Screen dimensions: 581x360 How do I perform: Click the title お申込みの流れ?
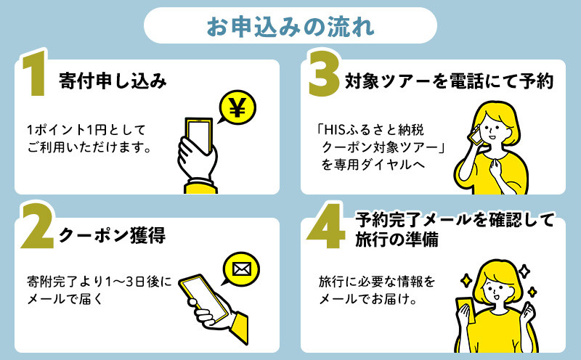pyautogui.click(x=290, y=26)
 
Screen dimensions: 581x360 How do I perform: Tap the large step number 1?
pyautogui.click(x=34, y=73)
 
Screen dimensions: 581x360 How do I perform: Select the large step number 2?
pyautogui.click(x=37, y=226)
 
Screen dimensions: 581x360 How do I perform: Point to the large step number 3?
pyautogui.click(x=324, y=73)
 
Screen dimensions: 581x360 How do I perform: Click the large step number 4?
pyautogui.click(x=326, y=226)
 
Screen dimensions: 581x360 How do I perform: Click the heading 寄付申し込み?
pyautogui.click(x=113, y=81)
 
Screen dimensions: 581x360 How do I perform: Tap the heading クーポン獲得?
pyautogui.click(x=112, y=235)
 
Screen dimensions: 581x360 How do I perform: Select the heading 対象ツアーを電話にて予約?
pyautogui.click(x=449, y=81)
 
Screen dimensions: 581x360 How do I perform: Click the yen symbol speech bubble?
pyautogui.click(x=237, y=107)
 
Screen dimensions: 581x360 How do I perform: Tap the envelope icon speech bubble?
pyautogui.click(x=241, y=269)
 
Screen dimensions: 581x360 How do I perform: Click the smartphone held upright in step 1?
pyautogui.click(x=199, y=136)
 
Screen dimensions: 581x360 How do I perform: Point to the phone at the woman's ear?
pyautogui.click(x=474, y=134)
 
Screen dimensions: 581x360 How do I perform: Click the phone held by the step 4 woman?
pyautogui.click(x=464, y=312)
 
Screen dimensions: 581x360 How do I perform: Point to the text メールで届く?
pyautogui.click(x=65, y=298)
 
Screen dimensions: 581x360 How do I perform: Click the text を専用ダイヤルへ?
pyautogui.click(x=373, y=165)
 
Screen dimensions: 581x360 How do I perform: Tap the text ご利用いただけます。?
pyautogui.click(x=89, y=147)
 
